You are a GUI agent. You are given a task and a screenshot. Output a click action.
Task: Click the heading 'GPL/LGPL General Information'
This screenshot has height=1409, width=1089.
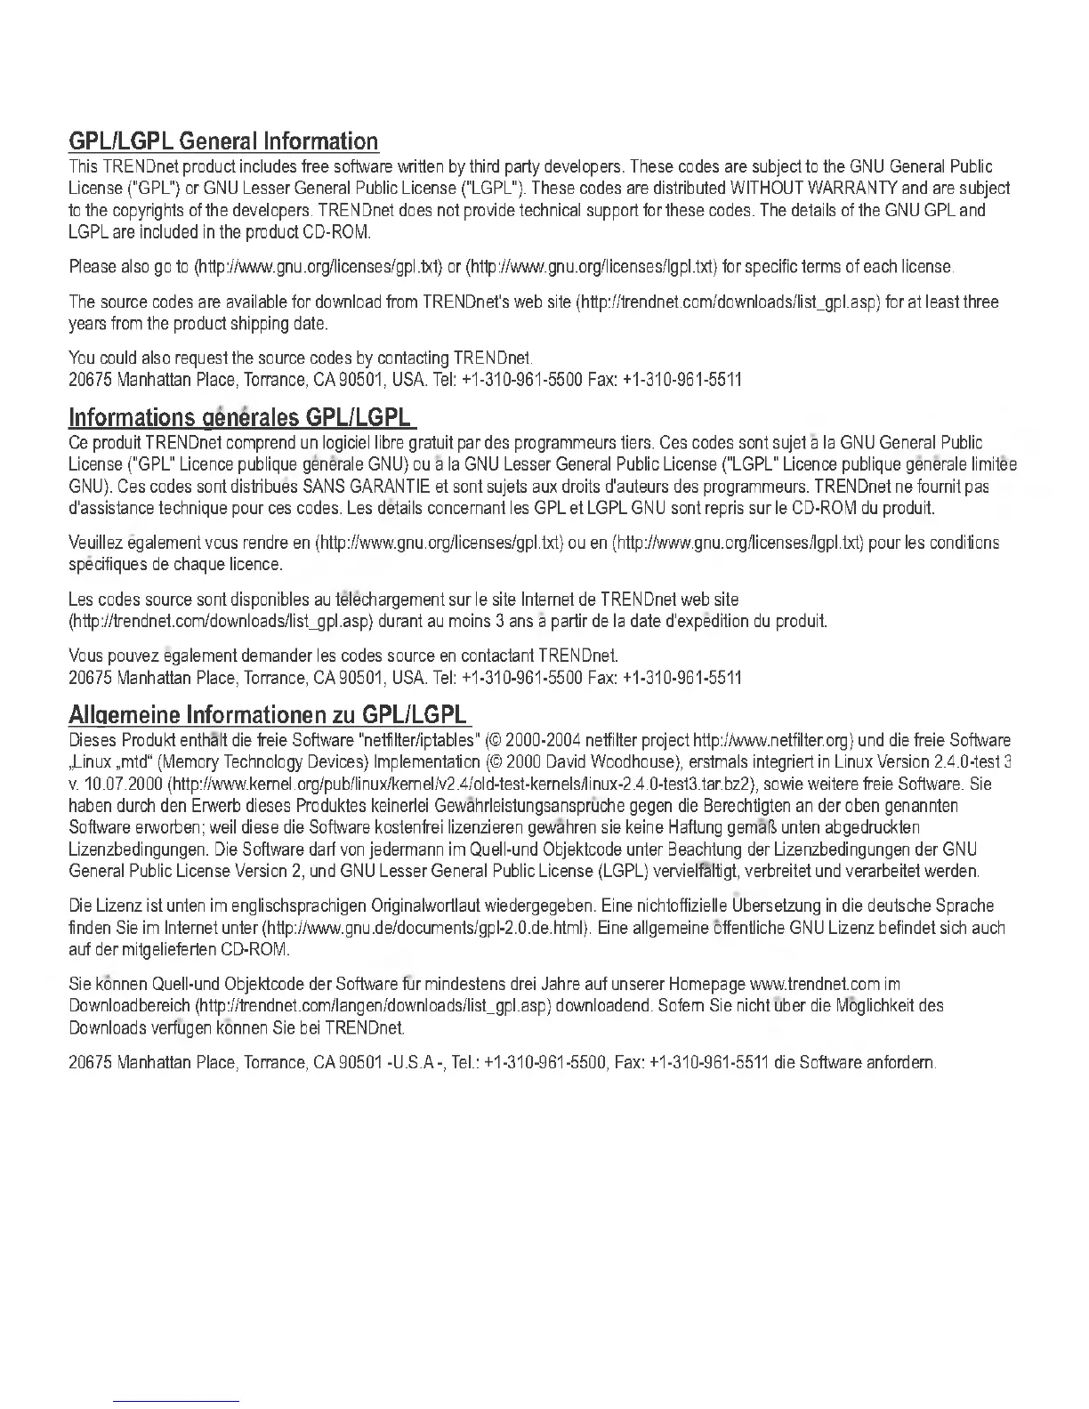[223, 141]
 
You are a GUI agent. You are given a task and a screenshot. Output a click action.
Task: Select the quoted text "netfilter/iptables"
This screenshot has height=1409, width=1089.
[417, 741]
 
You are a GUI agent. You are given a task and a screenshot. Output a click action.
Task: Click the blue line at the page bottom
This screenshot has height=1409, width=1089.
[177, 1401]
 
